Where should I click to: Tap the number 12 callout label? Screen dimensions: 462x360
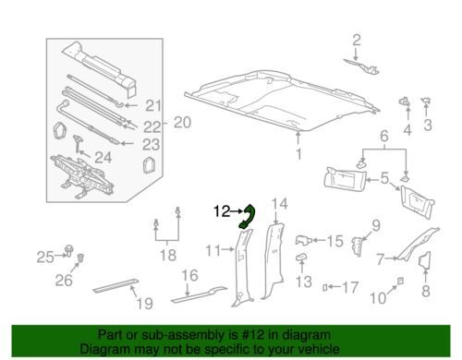click(x=222, y=211)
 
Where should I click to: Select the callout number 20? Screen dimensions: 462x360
click(x=182, y=123)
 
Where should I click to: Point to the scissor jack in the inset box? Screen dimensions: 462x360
click(x=82, y=176)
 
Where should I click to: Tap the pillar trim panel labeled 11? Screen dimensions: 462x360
click(x=242, y=268)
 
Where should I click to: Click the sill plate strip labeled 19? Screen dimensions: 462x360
click(x=115, y=285)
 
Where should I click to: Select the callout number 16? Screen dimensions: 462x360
click(x=189, y=275)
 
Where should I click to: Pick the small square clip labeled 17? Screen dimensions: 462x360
click(x=324, y=287)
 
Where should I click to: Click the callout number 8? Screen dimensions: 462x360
click(x=426, y=291)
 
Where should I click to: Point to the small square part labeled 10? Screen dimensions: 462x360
click(x=400, y=281)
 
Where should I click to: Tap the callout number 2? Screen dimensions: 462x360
click(x=357, y=41)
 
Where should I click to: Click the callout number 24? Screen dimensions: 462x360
click(x=103, y=158)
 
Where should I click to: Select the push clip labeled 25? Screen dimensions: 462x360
click(x=69, y=251)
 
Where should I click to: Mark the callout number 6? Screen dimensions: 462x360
click(x=384, y=136)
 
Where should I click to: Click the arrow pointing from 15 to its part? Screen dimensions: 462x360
click(x=318, y=240)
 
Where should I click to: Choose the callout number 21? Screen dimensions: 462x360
click(x=153, y=106)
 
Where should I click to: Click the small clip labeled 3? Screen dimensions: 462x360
click(x=426, y=101)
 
